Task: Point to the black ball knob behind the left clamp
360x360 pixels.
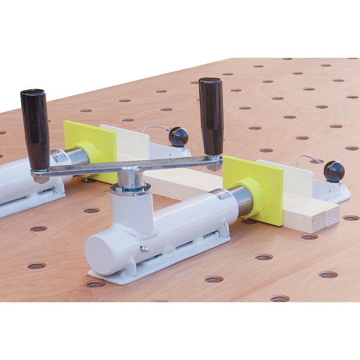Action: pyautogui.click(x=178, y=136)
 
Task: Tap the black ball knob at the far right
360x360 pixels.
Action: pyautogui.click(x=333, y=171)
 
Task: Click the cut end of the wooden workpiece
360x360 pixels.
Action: pyautogui.click(x=323, y=216)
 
